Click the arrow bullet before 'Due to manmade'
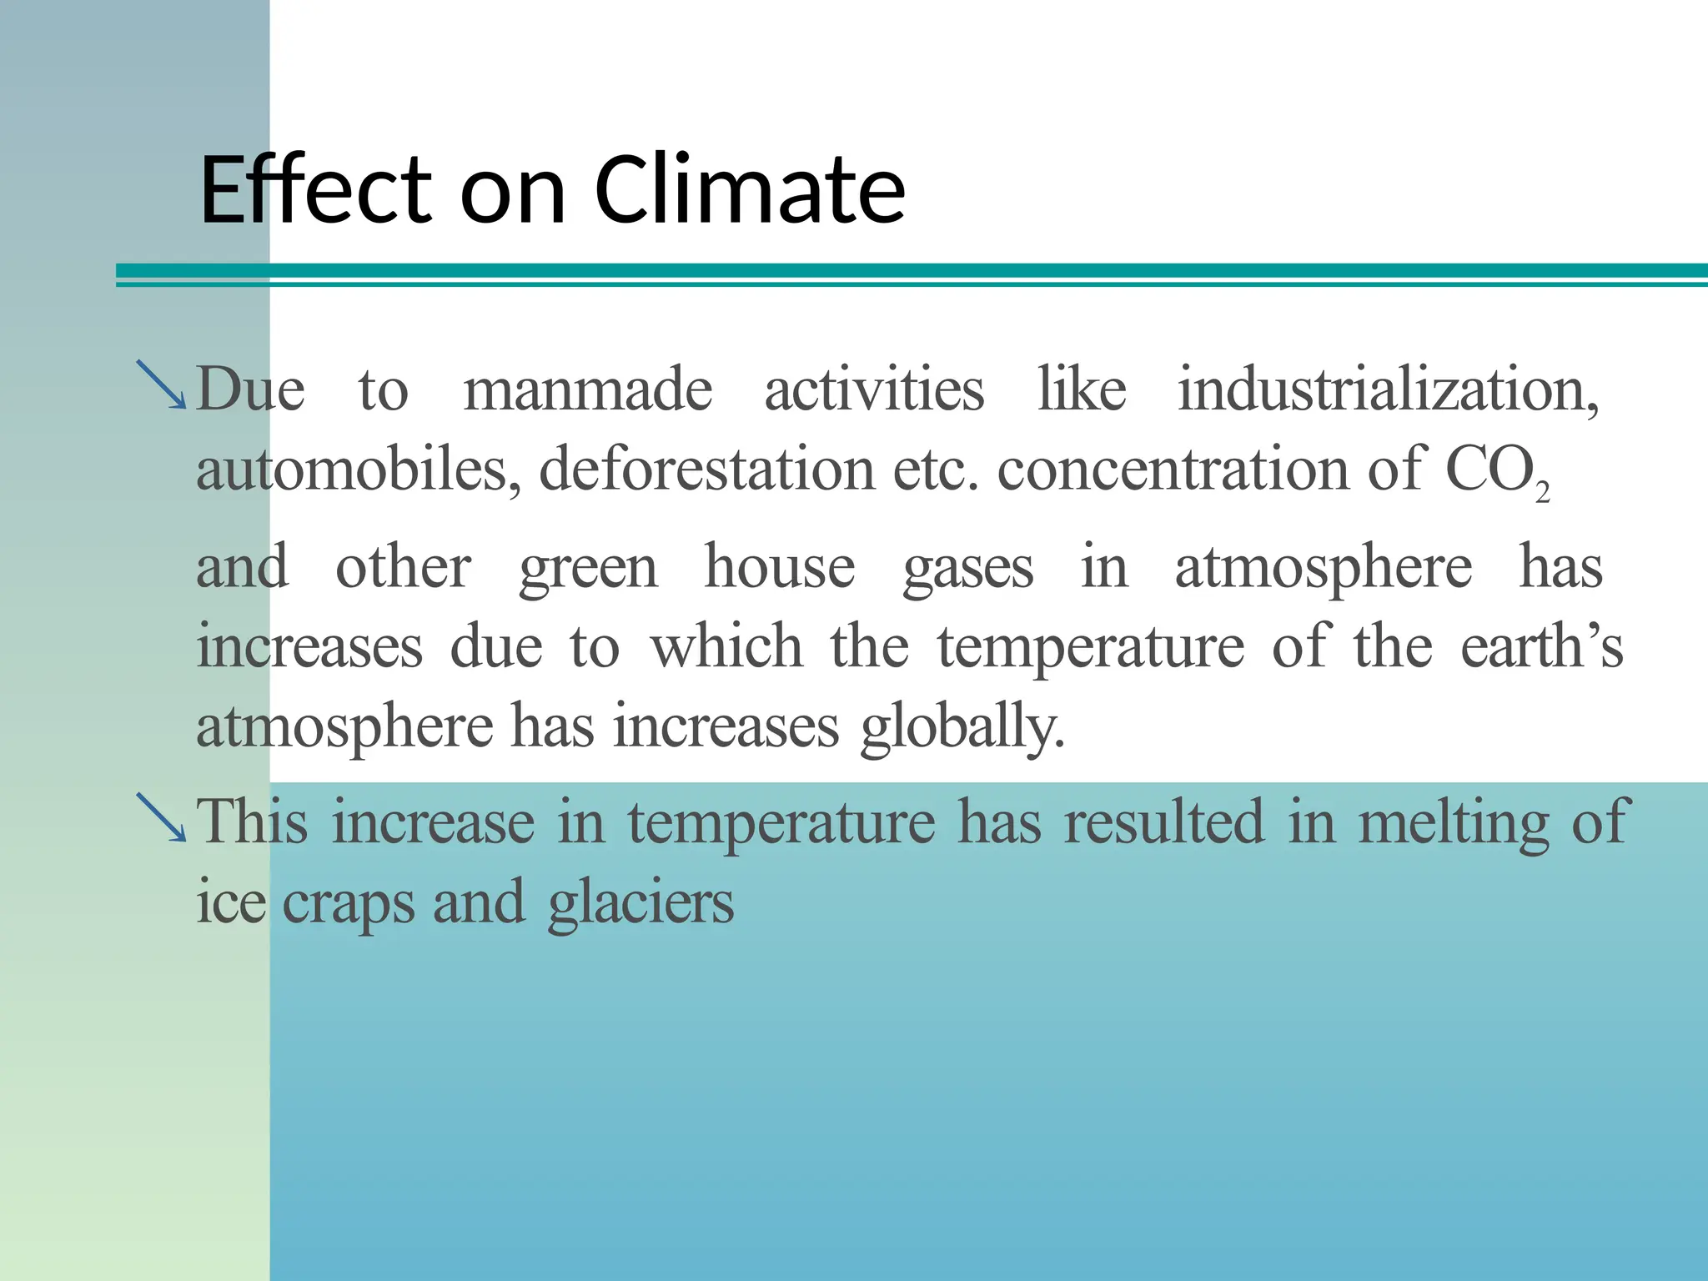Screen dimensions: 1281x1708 (x=162, y=384)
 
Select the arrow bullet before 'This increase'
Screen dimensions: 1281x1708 (x=162, y=817)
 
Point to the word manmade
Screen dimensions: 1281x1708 (x=588, y=390)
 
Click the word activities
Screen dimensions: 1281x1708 (x=874, y=390)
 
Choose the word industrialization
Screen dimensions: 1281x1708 (x=1388, y=390)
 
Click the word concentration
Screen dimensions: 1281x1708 (x=1173, y=469)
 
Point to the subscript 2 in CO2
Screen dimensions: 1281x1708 (x=1542, y=494)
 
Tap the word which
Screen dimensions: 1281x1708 (x=726, y=647)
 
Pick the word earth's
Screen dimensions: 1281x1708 (x=1541, y=647)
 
